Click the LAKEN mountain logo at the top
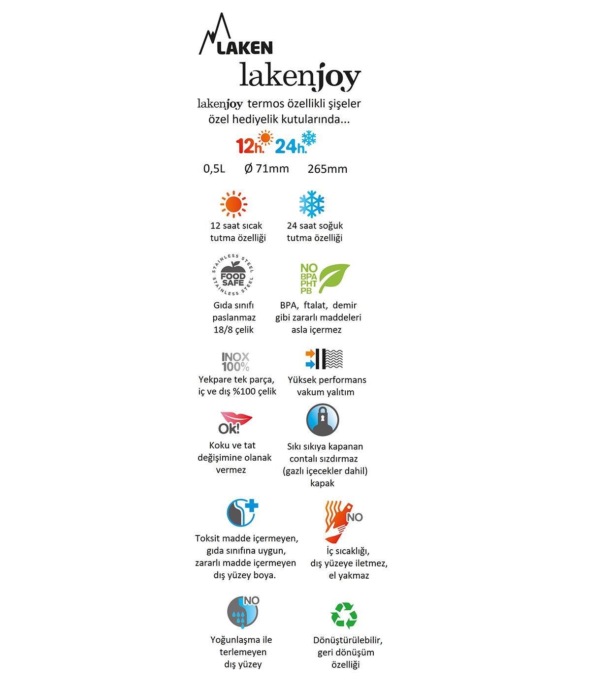click(235, 36)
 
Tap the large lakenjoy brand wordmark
click(300, 76)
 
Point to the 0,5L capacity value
click(214, 169)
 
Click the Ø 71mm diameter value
click(266, 169)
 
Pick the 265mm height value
click(328, 169)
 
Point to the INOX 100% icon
click(235, 362)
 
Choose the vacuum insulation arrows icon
click(324, 359)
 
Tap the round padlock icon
click(323, 420)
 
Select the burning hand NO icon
click(341, 521)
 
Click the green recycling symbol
click(343, 615)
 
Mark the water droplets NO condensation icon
click(243, 612)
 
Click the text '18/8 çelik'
click(233, 330)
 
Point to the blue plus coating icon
click(242, 513)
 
